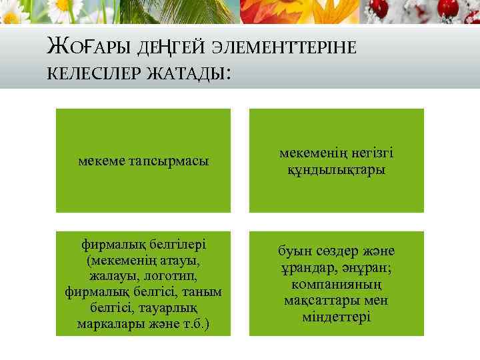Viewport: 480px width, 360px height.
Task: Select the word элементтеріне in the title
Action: tap(287, 47)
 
